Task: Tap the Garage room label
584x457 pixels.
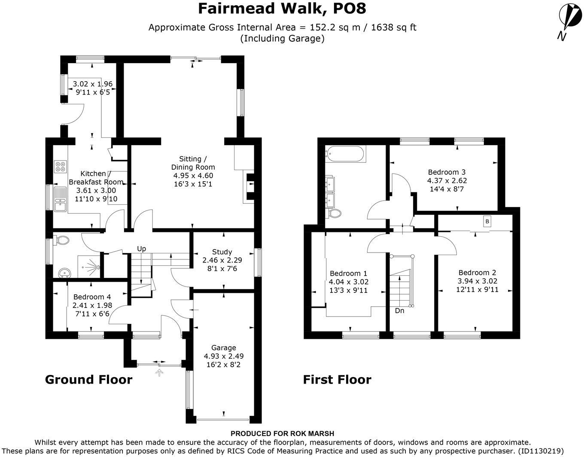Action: coord(223,347)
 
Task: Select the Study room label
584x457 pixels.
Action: coord(222,252)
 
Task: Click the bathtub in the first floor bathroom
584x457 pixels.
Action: coord(345,154)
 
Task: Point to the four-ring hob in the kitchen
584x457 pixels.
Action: coord(61,166)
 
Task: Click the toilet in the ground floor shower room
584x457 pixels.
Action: coord(61,240)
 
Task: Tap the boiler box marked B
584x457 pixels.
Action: coord(487,222)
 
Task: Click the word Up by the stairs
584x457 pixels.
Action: coord(141,249)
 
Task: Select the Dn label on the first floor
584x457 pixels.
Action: coord(399,311)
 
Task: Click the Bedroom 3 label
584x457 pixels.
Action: coord(447,172)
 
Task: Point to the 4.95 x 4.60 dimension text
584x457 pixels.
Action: coord(193,176)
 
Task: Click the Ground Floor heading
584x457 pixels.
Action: coord(89,380)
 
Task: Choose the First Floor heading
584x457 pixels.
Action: coord(337,380)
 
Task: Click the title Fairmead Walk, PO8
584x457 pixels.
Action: coord(282,9)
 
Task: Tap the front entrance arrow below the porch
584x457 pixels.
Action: coord(159,373)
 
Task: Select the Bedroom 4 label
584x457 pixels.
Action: coord(92,297)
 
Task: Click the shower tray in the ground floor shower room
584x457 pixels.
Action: coord(89,266)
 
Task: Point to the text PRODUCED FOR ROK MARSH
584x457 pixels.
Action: coord(282,434)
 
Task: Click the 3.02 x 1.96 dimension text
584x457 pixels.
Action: coord(93,84)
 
